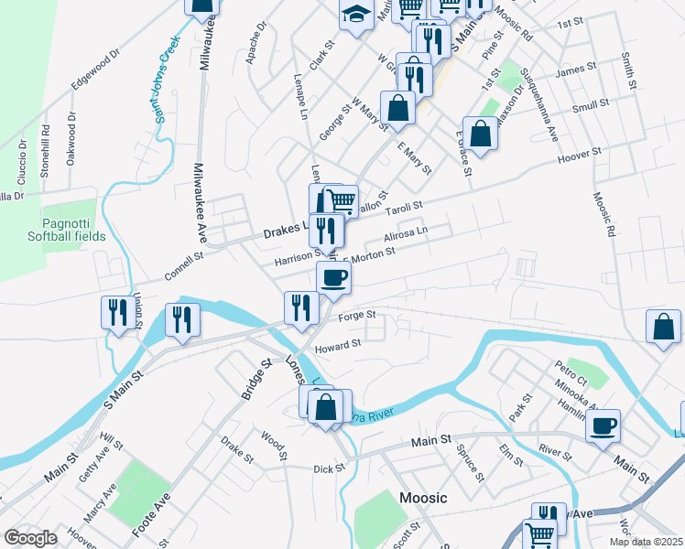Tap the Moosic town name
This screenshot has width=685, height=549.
pyautogui.click(x=423, y=498)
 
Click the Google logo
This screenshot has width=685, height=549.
pyautogui.click(x=30, y=538)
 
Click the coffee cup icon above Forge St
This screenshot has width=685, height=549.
pyautogui.click(x=333, y=277)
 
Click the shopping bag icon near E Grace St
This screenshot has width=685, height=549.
pyautogui.click(x=481, y=134)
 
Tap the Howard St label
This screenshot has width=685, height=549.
pyautogui.click(x=339, y=346)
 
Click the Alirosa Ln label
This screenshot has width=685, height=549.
pyautogui.click(x=406, y=235)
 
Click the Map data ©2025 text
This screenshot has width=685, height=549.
pyautogui.click(x=647, y=541)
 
